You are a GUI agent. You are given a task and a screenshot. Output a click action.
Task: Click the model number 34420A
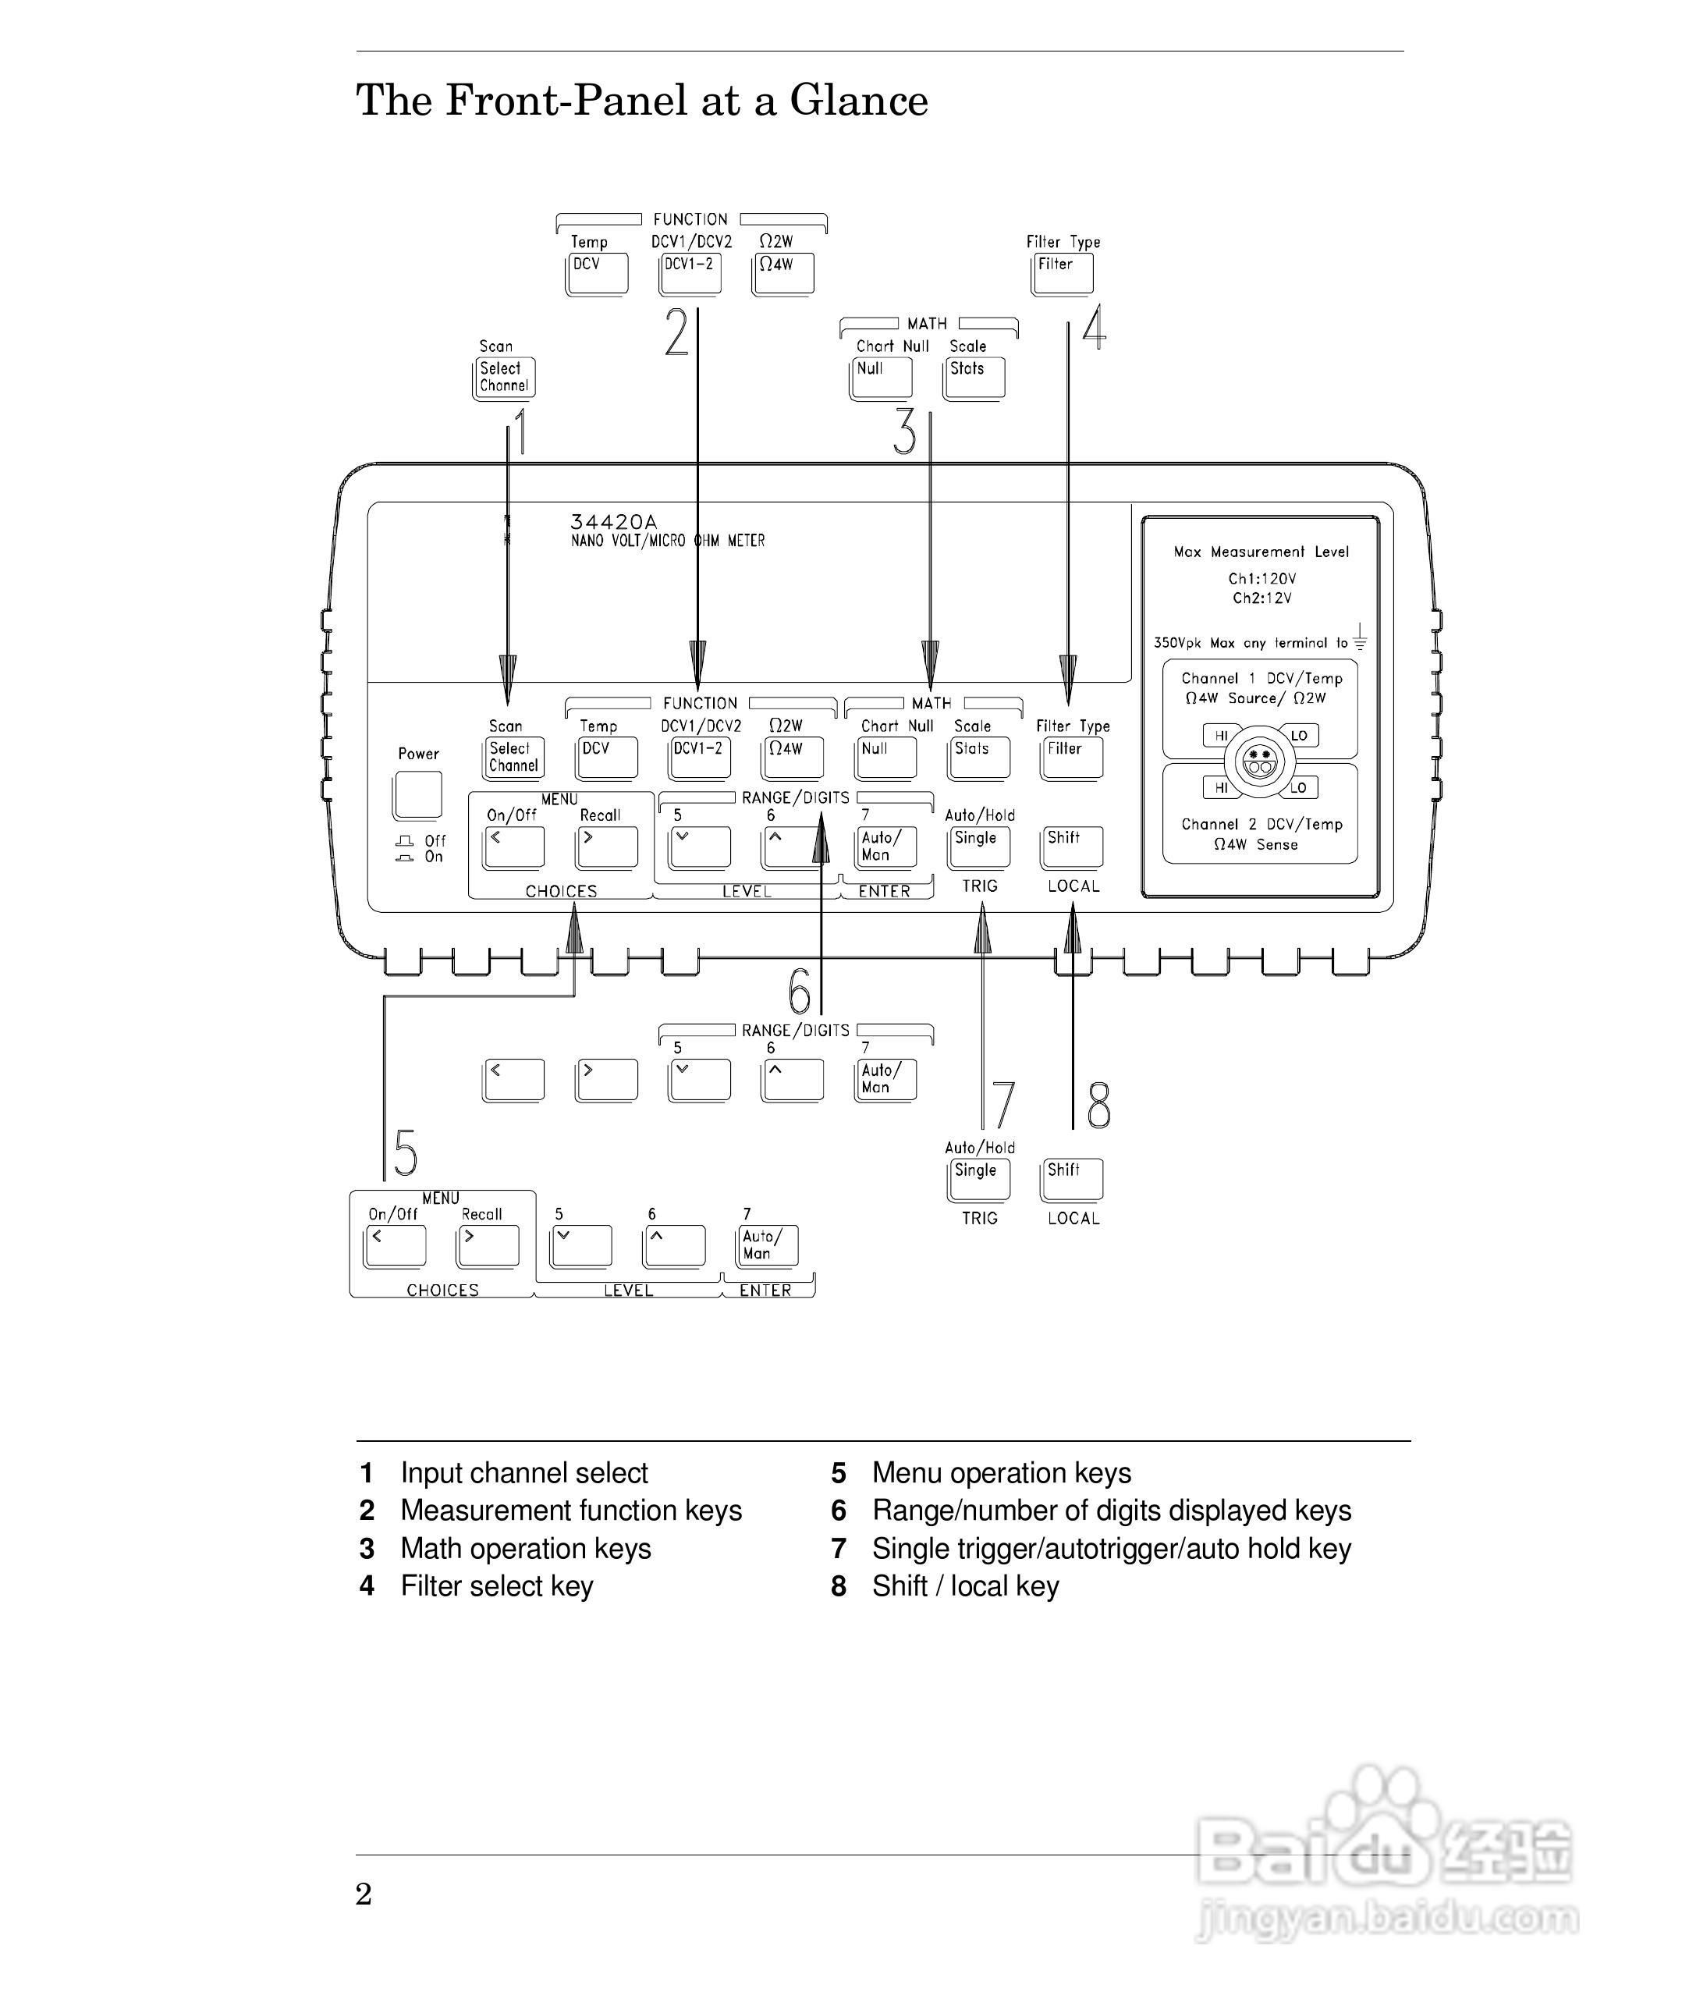[613, 521]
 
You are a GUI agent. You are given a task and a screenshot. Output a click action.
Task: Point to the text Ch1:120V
[1262, 578]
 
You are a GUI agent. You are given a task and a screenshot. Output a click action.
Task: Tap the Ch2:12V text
[1262, 598]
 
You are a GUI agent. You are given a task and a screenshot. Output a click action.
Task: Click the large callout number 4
[1095, 327]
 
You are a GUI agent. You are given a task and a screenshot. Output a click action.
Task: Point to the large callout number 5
[406, 1152]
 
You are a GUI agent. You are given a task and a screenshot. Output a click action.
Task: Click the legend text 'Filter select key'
[496, 1586]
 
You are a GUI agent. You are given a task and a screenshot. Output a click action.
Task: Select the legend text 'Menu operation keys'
[1002, 1473]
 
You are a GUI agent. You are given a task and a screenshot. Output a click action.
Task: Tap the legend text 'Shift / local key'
[965, 1586]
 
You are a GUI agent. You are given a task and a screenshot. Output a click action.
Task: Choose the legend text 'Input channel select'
[524, 1473]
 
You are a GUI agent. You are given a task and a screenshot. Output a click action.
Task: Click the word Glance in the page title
[859, 100]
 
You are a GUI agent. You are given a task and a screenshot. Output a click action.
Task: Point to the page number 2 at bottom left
[364, 1894]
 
